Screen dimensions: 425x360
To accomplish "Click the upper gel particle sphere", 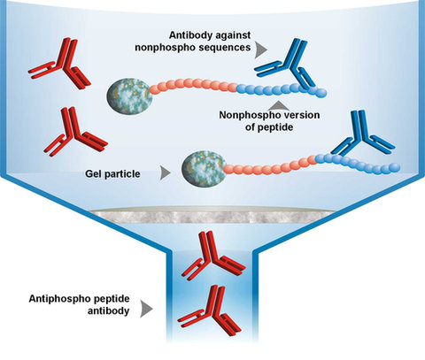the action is (129, 96).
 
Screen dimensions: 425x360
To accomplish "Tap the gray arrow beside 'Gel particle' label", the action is (165, 173).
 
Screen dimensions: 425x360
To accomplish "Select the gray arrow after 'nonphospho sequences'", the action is (261, 50).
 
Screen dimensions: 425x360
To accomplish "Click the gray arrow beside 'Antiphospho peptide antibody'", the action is (146, 309).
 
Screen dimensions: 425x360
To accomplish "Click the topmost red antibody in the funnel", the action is (59, 63).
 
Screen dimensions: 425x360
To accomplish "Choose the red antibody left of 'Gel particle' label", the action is (75, 132).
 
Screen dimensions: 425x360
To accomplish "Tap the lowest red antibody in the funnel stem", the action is (210, 310).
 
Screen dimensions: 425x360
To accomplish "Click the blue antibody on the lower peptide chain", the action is (362, 134).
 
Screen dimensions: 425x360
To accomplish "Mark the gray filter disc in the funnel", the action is (212, 214).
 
